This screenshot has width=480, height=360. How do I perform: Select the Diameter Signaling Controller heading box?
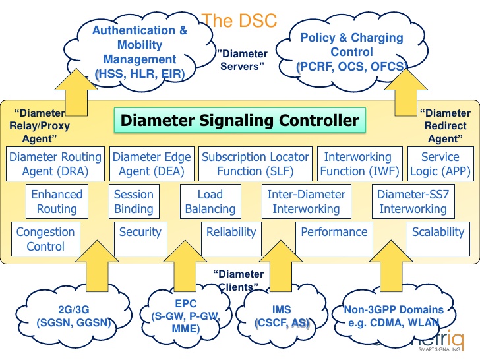239,121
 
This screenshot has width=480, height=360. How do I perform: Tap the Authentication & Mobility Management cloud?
139,51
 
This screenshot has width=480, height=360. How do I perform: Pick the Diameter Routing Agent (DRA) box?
55,164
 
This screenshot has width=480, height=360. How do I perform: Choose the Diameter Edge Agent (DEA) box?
152,164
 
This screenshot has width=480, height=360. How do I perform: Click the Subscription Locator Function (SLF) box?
255,164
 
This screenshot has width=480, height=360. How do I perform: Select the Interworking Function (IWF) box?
357,164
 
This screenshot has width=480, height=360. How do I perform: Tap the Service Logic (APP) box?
440,164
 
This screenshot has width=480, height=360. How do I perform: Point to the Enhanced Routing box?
57,202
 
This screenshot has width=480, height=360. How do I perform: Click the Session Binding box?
133,202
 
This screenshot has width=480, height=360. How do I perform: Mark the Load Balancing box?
210,202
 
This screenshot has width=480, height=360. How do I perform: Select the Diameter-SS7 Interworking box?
413,202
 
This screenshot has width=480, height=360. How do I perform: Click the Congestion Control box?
45,239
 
